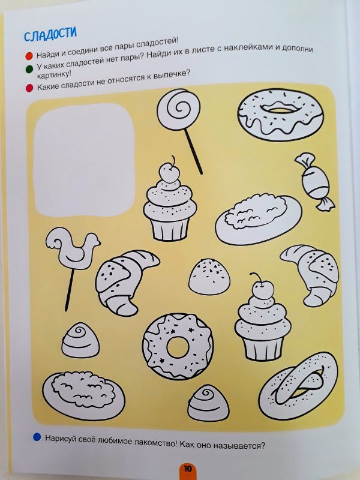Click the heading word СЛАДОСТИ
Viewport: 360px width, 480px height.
pyautogui.click(x=50, y=34)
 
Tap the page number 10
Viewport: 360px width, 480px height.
pyautogui.click(x=188, y=469)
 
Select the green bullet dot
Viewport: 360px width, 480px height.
pyautogui.click(x=29, y=69)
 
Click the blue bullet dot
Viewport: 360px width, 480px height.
pyautogui.click(x=37, y=437)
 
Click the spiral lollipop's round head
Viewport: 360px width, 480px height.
pyautogui.click(x=178, y=109)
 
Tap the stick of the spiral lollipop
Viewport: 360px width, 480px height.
pyautogui.click(x=193, y=151)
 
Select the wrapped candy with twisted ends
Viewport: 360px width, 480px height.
pyautogui.click(x=314, y=182)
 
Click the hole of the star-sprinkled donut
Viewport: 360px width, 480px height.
pyautogui.click(x=178, y=347)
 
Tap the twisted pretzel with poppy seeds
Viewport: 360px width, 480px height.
pyautogui.click(x=298, y=386)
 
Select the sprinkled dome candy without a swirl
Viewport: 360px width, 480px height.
pyautogui.click(x=209, y=277)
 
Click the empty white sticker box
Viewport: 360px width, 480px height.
pyautogui.click(x=84, y=160)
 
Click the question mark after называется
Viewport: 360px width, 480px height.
pyautogui.click(x=263, y=445)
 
